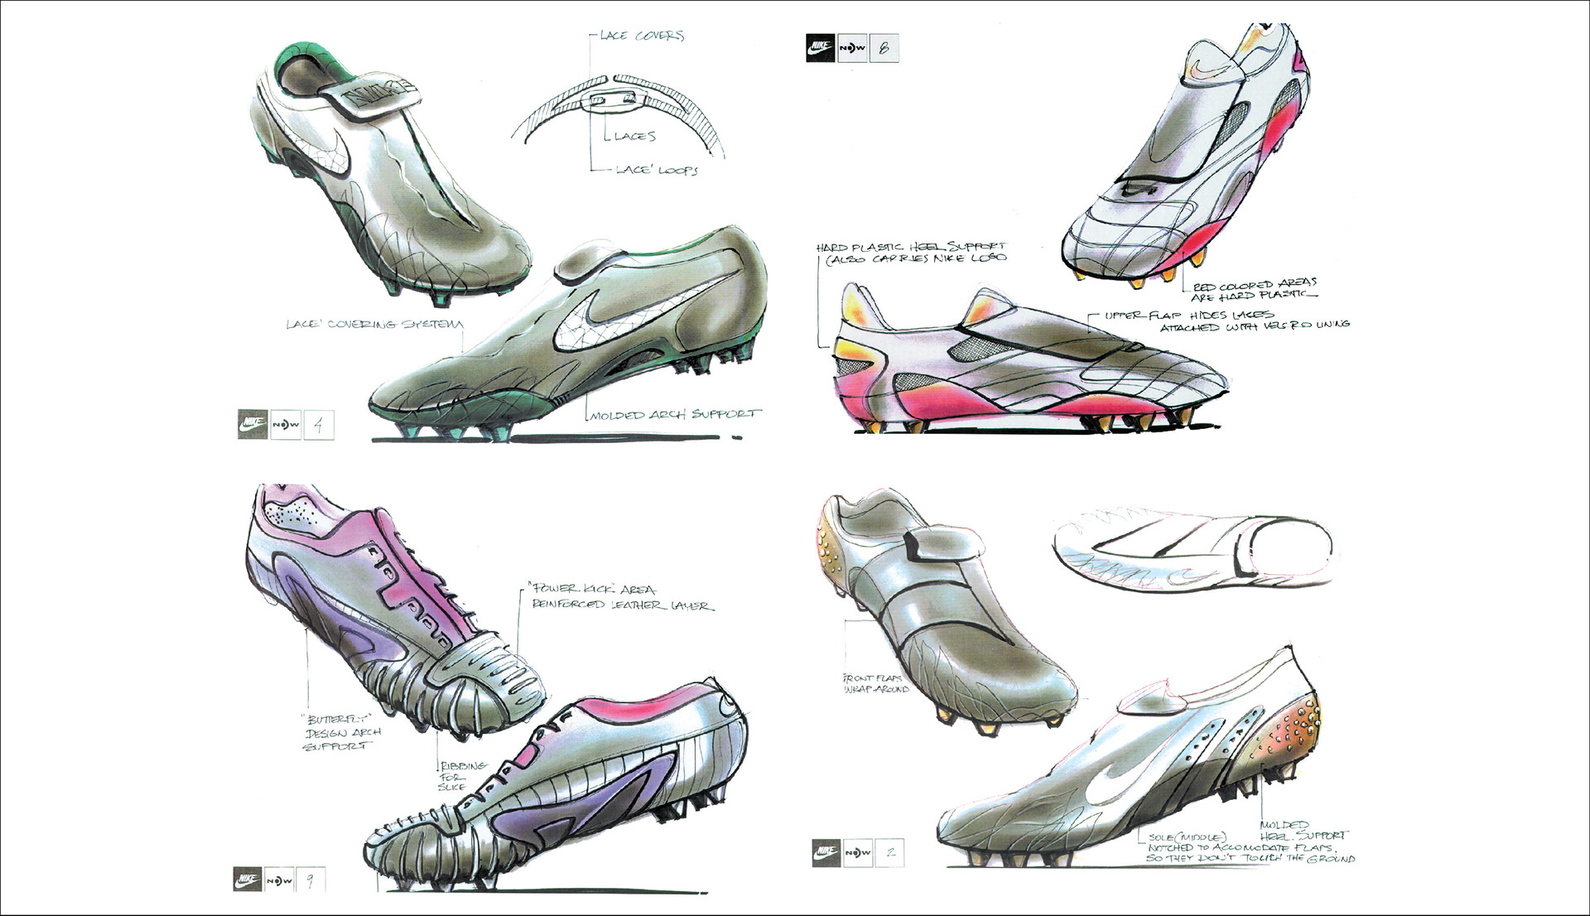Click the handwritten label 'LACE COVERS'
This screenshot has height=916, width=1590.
[x=642, y=36]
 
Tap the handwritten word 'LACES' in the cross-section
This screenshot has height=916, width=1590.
[x=635, y=136]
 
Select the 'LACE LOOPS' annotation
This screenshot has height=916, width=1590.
[x=657, y=170]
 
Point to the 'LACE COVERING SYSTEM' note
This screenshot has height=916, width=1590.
[x=374, y=324]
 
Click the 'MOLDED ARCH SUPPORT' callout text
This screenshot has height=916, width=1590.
[x=674, y=413]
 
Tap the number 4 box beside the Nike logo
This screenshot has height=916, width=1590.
[x=319, y=425]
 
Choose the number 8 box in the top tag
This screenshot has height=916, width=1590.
[x=884, y=48]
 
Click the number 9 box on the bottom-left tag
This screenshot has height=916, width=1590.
[x=311, y=880]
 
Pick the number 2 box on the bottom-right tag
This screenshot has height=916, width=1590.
[x=890, y=852]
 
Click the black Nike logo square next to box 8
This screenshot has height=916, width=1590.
[x=820, y=47]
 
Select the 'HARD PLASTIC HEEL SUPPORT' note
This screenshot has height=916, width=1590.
[x=911, y=253]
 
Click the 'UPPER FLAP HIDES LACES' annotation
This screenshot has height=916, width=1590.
[x=1226, y=321]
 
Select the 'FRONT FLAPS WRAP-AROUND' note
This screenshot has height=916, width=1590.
[x=875, y=683]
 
